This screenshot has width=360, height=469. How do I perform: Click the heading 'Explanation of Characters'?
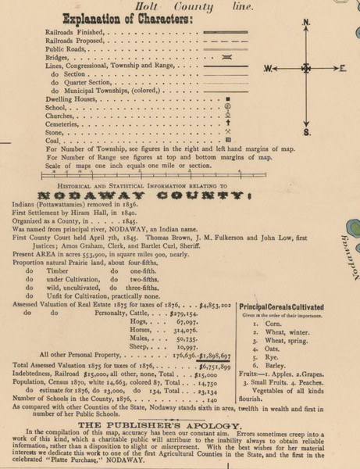coord(91,20)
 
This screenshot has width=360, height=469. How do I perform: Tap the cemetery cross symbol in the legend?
coord(227,122)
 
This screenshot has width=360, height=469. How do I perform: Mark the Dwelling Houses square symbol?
coord(227,102)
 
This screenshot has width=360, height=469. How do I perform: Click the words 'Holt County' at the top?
coord(178,5)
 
